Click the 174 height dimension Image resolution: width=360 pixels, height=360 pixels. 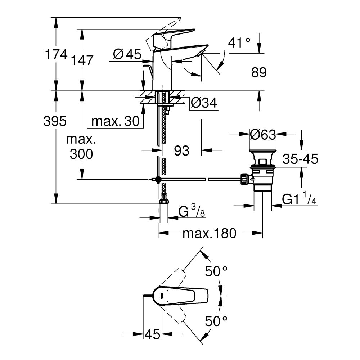click(x=56, y=55)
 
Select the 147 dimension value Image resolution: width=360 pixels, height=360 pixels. click(x=82, y=60)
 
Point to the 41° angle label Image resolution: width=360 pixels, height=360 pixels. click(x=239, y=43)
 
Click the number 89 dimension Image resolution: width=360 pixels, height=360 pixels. click(x=258, y=73)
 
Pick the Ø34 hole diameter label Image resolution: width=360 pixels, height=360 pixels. click(x=204, y=103)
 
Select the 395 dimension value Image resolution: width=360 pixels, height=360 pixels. click(x=55, y=121)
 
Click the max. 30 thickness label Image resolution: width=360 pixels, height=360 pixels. click(x=115, y=122)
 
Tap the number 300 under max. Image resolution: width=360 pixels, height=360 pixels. click(x=81, y=154)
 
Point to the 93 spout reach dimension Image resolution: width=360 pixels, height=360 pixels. click(x=182, y=151)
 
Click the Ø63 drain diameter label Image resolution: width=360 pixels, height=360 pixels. click(x=263, y=135)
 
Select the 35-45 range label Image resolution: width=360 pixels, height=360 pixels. click(x=300, y=159)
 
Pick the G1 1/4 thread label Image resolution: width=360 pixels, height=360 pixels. click(x=299, y=199)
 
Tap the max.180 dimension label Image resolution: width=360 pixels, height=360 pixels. click(x=209, y=234)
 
